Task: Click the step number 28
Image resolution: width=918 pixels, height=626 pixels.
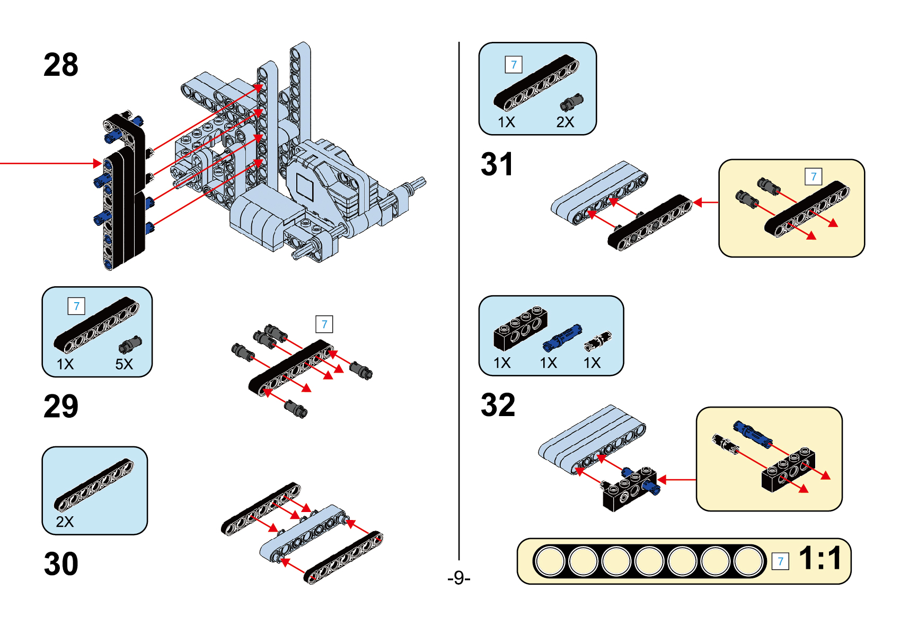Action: point(61,65)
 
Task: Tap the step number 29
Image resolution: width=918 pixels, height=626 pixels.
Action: point(61,407)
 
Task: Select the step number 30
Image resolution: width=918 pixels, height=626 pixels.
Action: point(61,563)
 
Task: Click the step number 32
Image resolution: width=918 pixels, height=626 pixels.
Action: point(498,405)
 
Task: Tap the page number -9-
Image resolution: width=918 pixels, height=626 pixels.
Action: point(458,577)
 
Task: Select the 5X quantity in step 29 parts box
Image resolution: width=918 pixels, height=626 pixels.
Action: point(124,364)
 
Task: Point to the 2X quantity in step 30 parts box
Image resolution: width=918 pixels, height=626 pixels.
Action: point(65,522)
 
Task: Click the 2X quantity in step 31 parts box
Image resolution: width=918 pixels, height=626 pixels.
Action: point(565,122)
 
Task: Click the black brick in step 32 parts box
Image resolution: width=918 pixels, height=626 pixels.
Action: point(520,328)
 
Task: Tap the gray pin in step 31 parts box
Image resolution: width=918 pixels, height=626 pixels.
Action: point(571,102)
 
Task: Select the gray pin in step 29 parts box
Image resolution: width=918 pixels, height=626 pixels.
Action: point(130,345)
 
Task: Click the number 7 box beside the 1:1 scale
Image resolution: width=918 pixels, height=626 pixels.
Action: point(780,561)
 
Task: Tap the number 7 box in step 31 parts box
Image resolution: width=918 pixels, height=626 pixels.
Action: point(514,65)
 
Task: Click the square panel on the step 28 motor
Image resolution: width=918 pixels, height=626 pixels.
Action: point(305,187)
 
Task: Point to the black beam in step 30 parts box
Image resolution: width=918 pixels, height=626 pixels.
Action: point(94,484)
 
